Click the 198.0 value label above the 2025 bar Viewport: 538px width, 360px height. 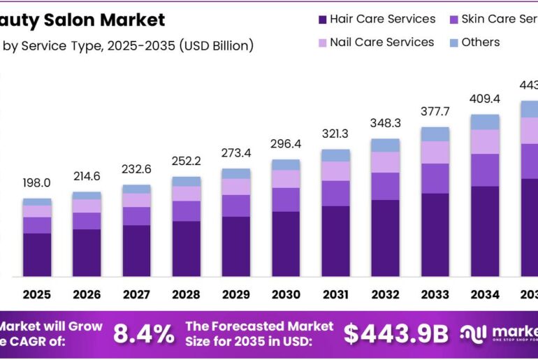point(36,183)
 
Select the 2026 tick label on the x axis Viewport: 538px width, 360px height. point(87,294)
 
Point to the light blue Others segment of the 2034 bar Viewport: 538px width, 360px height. point(484,122)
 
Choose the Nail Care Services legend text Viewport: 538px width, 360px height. point(381,43)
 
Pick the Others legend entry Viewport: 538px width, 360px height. point(480,43)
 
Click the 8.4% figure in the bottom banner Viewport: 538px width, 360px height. point(143,334)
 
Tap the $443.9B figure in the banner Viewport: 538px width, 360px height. point(395,334)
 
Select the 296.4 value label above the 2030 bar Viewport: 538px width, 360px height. point(285,145)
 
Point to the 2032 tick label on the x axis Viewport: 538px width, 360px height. point(385,294)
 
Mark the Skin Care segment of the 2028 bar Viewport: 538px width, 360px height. point(186,211)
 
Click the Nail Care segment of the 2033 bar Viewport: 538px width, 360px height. point(435,152)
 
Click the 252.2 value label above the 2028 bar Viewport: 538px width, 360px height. point(186,161)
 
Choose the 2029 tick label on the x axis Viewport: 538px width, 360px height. point(235,294)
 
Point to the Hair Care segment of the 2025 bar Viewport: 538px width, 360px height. point(36,254)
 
